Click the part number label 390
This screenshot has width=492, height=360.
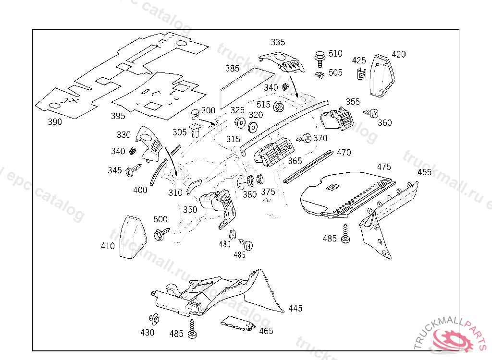(x=55, y=122)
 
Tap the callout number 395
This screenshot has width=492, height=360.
(x=118, y=116)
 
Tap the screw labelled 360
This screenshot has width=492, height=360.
(x=373, y=113)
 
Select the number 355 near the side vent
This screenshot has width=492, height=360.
(x=353, y=102)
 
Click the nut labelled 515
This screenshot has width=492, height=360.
(x=278, y=107)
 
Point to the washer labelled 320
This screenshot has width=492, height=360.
(x=252, y=127)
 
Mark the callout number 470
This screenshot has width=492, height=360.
(x=344, y=153)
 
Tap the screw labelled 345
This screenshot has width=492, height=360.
(x=133, y=169)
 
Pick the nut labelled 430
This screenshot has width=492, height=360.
(x=154, y=319)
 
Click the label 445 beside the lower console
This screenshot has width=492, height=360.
(x=295, y=308)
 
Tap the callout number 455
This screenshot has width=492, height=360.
(x=424, y=172)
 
